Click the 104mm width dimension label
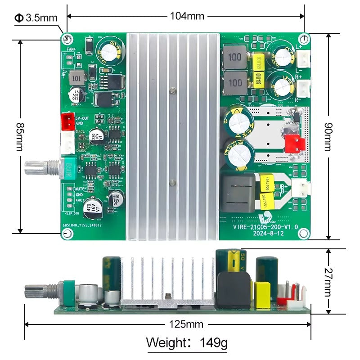point(187,16)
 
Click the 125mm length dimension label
point(186,324)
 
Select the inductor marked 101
point(77,78)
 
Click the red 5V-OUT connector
point(67,120)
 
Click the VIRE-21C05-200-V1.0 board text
point(265,227)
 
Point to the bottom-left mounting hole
point(67,234)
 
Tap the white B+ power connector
point(300,188)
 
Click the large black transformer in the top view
point(238,191)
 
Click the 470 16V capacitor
point(94,206)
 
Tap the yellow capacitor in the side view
point(262,295)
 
